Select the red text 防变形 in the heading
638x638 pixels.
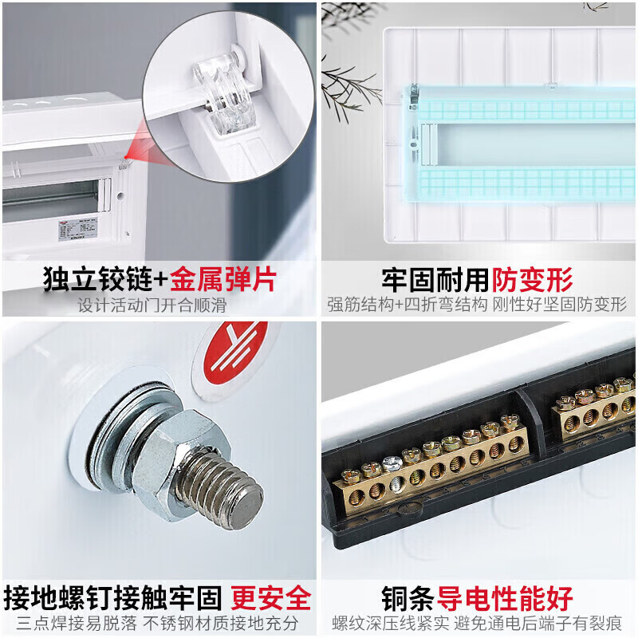(533, 280)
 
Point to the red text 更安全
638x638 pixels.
(271, 598)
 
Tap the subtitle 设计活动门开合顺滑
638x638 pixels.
(152, 305)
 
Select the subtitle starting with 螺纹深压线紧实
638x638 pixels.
(477, 623)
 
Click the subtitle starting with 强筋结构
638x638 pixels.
(477, 305)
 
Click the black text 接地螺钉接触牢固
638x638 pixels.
(113, 598)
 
